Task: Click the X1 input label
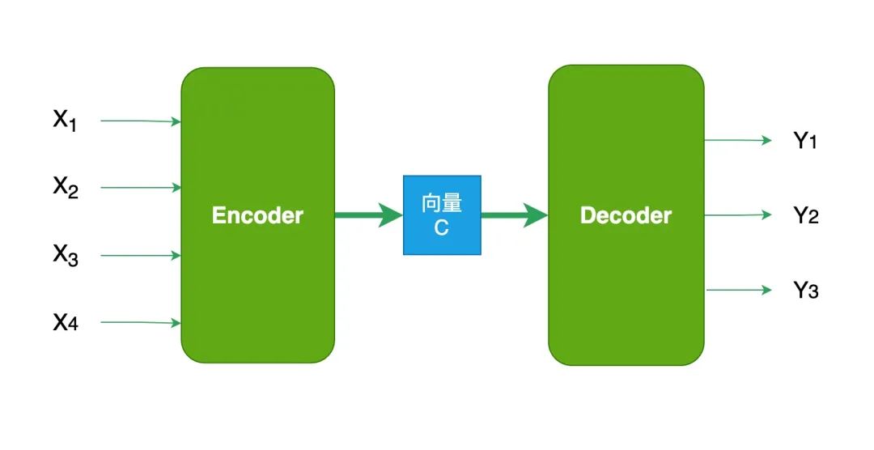click(x=66, y=121)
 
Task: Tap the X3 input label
click(x=66, y=255)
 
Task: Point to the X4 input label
click(x=66, y=323)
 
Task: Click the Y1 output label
click(x=805, y=141)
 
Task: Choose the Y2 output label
click(x=806, y=215)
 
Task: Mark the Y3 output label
click(x=806, y=290)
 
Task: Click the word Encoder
click(x=257, y=215)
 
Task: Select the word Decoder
click(x=626, y=215)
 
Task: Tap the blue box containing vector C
click(x=442, y=215)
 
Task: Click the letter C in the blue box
click(x=441, y=228)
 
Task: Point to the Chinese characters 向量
click(x=442, y=203)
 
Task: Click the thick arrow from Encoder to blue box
click(x=368, y=215)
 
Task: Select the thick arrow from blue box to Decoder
click(x=515, y=215)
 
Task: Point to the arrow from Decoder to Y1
click(x=738, y=140)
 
